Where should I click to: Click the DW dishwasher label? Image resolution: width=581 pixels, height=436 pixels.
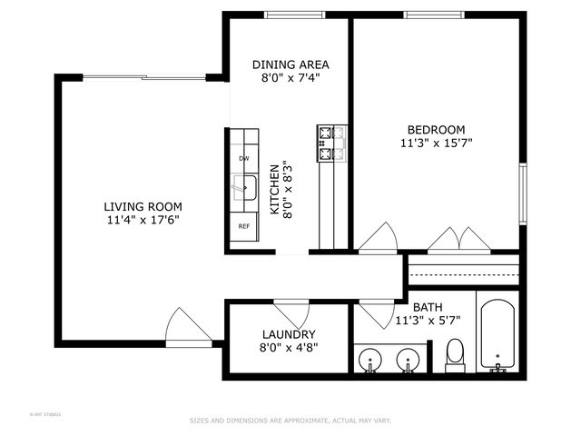click(243, 158)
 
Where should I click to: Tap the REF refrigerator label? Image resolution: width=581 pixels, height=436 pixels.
click(243, 226)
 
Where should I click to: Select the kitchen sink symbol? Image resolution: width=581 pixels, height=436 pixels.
click(243, 189)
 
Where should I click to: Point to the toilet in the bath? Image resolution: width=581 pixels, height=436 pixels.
click(455, 355)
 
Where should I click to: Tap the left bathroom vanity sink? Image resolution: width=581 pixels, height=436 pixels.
click(370, 361)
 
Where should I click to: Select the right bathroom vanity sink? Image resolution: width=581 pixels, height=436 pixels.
click(409, 361)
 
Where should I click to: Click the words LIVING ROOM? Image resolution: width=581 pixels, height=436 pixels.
click(143, 206)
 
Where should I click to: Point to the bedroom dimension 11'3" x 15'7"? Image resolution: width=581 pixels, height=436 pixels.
click(436, 143)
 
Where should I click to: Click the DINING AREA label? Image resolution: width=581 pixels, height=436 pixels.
click(290, 64)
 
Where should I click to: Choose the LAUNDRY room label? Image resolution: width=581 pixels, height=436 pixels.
click(289, 334)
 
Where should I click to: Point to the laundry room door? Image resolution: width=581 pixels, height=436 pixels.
click(290, 310)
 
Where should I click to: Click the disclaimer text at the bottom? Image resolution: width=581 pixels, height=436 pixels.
click(290, 421)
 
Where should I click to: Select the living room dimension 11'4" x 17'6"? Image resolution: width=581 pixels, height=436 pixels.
click(143, 220)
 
